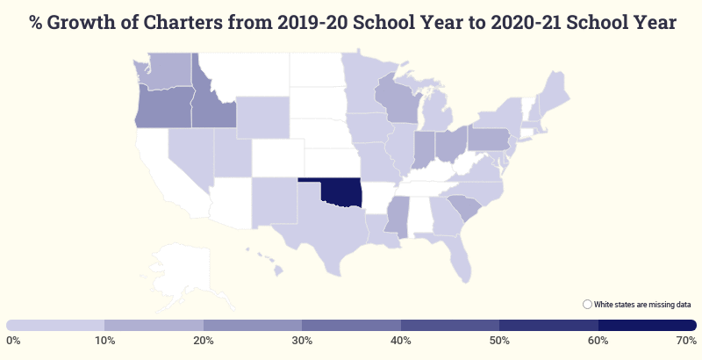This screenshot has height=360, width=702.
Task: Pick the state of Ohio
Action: point(449,144)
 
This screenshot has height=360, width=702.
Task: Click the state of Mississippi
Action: point(398,216)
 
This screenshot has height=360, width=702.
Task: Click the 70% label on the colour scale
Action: point(687,340)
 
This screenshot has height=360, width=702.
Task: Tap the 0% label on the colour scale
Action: point(13,340)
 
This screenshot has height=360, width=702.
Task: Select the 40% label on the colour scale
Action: point(400,340)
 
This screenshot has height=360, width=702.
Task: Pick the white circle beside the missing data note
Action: point(587,304)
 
